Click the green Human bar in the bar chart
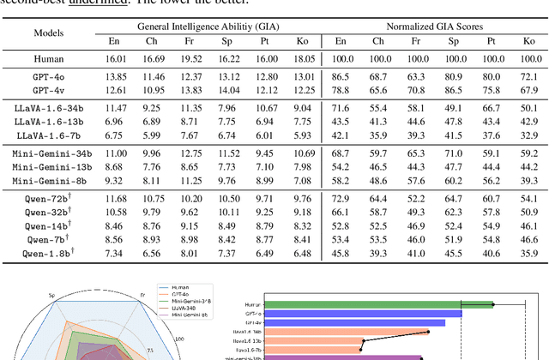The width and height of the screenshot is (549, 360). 378,303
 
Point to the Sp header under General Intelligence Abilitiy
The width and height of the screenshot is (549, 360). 227,40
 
